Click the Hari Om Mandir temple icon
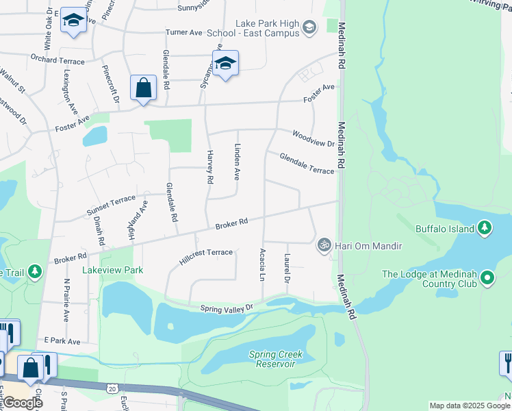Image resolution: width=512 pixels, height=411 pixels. click(x=323, y=245)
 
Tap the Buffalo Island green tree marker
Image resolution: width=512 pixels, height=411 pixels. click(x=485, y=227)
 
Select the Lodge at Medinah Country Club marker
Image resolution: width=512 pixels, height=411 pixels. click(x=487, y=278)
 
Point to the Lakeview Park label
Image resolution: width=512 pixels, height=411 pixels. click(x=113, y=270)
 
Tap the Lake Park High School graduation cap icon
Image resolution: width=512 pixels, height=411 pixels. click(x=309, y=27)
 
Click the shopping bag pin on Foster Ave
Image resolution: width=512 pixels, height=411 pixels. click(x=143, y=88)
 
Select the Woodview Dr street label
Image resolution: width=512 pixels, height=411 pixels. click(x=313, y=138)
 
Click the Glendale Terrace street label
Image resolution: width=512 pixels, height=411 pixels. click(x=306, y=163)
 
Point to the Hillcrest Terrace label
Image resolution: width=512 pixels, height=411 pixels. click(x=206, y=256)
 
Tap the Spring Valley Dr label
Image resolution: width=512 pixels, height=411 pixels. click(x=227, y=309)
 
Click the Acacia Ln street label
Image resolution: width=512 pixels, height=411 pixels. click(x=261, y=264)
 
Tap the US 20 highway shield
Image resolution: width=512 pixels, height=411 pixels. click(x=112, y=388)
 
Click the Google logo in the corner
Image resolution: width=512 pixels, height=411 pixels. click(x=23, y=402)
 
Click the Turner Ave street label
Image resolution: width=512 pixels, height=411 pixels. click(x=184, y=32)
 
